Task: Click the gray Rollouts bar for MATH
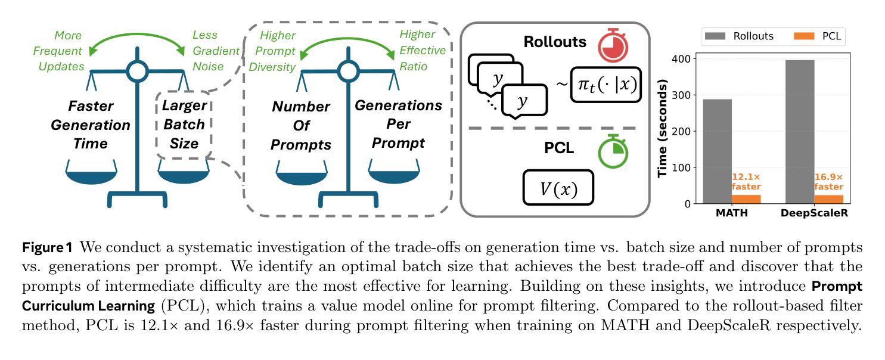[x=717, y=151]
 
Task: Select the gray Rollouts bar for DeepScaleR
[x=800, y=132]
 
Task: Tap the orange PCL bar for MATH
[x=746, y=199]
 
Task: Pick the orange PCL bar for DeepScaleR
[x=828, y=199]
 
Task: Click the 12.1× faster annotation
[x=746, y=182]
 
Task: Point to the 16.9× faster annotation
[x=828, y=182]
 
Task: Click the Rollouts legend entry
[x=739, y=36]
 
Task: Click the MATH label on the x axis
[x=731, y=213]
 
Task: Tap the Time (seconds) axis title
[x=662, y=128]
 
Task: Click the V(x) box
[x=558, y=188]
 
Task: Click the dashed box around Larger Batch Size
[x=184, y=125]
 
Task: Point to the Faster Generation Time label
[x=91, y=125]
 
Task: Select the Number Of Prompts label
[x=302, y=126]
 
